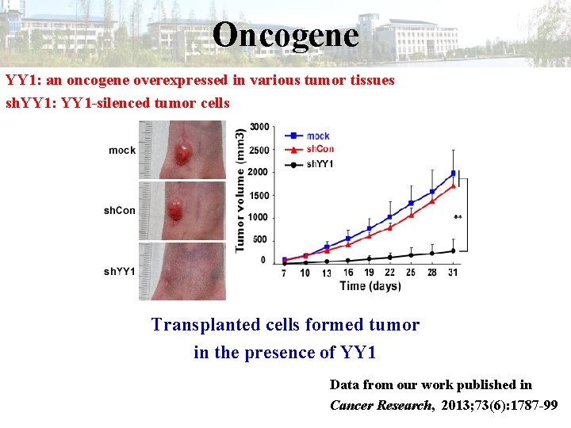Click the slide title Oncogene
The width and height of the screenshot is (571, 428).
(x=285, y=34)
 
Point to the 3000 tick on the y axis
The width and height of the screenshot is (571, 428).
(x=259, y=127)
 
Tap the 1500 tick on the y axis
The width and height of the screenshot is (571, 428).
(x=259, y=195)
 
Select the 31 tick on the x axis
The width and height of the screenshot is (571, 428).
(x=453, y=273)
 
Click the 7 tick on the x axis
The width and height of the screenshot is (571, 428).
(x=284, y=273)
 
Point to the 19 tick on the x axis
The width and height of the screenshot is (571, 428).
(x=369, y=273)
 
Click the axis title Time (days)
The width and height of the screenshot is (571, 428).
(x=370, y=285)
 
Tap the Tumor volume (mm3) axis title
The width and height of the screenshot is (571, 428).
(x=240, y=190)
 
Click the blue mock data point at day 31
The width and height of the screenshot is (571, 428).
(x=453, y=173)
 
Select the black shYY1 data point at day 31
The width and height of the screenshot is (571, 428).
(x=453, y=250)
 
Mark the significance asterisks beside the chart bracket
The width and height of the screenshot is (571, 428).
(x=458, y=216)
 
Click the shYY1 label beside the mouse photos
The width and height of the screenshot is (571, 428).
(x=119, y=272)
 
